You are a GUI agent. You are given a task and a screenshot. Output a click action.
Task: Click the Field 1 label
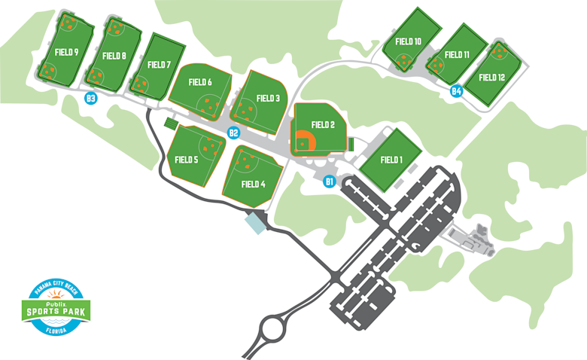coord(391,160)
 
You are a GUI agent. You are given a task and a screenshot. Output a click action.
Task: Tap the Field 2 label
coord(322,125)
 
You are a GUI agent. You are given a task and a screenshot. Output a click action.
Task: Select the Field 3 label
coord(268,98)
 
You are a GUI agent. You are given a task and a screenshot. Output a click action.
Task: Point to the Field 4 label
coord(253,184)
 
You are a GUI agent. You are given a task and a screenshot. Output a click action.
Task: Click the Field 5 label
coord(186,160)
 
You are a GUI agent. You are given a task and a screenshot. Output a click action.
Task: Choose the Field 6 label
coord(199,82)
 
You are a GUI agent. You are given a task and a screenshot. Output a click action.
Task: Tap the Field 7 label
coord(159,65)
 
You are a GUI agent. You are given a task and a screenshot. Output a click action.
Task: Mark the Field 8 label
coord(114,56)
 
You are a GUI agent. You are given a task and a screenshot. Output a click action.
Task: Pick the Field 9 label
coord(67,53)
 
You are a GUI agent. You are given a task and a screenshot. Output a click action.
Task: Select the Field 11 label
coord(457,55)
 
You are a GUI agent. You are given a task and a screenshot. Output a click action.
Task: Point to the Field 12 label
coord(491,77)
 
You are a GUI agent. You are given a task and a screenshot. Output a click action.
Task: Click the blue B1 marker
coord(329,181)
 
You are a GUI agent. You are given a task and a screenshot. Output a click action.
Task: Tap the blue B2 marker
coord(233,133)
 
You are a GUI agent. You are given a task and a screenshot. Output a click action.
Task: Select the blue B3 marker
coord(91,99)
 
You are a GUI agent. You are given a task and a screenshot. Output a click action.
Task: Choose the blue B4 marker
coord(455,92)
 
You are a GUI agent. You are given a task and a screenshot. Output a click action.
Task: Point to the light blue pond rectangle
coord(256,221)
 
